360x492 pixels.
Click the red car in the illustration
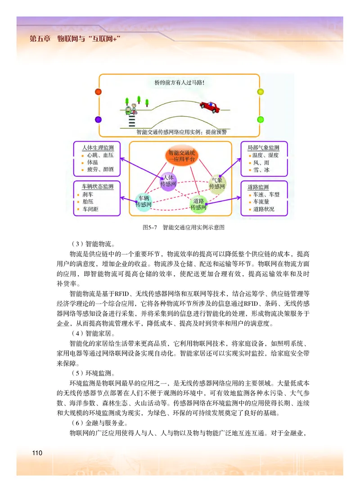(x=209, y=106)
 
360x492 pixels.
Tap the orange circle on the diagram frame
(x=99, y=92)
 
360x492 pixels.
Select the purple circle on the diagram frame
(x=99, y=119)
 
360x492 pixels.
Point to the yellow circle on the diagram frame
(x=260, y=92)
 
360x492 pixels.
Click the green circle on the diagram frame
(x=260, y=119)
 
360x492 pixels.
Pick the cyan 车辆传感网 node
(x=144, y=201)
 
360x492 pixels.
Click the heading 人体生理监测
(x=98, y=148)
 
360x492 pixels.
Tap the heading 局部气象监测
(x=263, y=148)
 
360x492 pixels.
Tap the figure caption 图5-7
(x=149, y=228)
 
